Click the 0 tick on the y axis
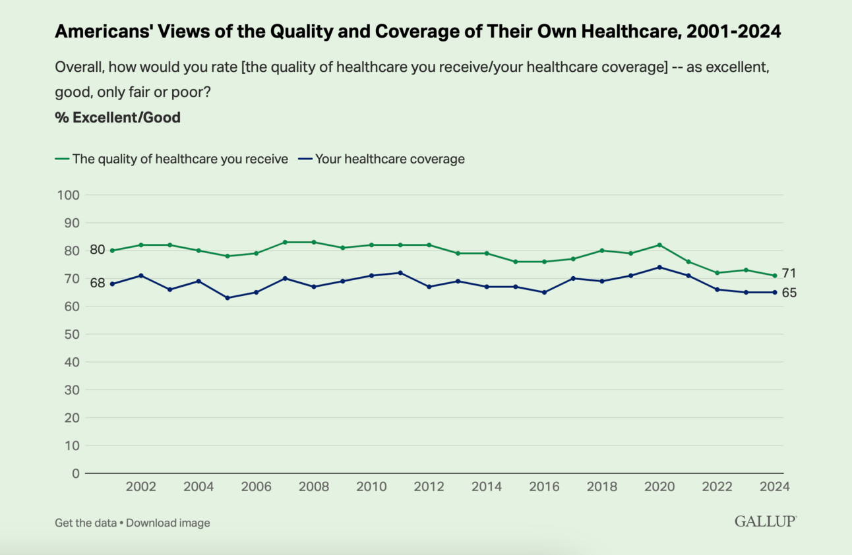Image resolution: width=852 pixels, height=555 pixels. click(75, 473)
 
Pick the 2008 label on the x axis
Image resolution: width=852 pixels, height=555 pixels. click(313, 487)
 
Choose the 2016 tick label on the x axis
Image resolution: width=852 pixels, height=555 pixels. click(544, 487)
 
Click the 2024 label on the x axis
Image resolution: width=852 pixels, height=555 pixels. click(775, 487)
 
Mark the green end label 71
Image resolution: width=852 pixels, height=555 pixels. click(789, 274)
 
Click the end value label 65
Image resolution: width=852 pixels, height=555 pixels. click(789, 293)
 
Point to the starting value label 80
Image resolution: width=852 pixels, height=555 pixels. click(98, 250)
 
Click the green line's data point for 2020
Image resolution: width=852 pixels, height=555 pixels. click(659, 245)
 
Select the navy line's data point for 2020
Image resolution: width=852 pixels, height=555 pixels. click(659, 267)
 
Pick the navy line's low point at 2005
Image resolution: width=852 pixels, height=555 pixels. click(228, 298)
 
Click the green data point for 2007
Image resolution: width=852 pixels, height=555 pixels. click(285, 242)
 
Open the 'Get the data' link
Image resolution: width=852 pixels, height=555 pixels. click(86, 523)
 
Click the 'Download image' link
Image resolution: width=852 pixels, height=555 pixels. click(168, 523)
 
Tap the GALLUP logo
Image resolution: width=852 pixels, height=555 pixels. click(766, 521)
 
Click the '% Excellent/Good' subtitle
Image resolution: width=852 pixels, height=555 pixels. click(118, 118)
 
